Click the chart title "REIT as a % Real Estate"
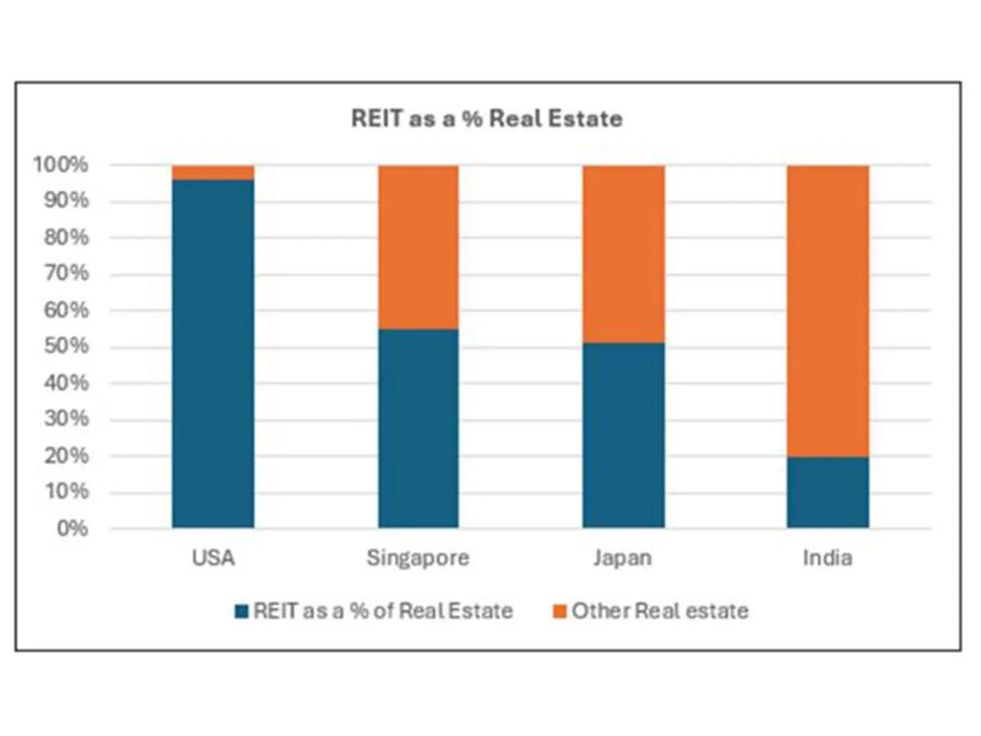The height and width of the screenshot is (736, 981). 487,119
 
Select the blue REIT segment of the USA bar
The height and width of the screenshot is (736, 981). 213,353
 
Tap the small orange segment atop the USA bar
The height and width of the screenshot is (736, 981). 213,172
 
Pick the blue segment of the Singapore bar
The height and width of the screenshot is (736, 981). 418,428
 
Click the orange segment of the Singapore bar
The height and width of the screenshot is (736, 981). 418,247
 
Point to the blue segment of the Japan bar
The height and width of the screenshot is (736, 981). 623,435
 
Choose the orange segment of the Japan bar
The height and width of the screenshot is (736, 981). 623,254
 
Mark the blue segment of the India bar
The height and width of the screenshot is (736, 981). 828,492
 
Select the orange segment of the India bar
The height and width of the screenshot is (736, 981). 828,310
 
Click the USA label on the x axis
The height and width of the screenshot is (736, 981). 213,557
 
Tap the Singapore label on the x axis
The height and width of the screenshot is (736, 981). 418,557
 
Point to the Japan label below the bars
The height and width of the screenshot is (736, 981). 622,557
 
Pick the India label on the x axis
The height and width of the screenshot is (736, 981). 828,557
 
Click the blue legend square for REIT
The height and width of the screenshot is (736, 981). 242,612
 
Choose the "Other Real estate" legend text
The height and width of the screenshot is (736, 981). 660,611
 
